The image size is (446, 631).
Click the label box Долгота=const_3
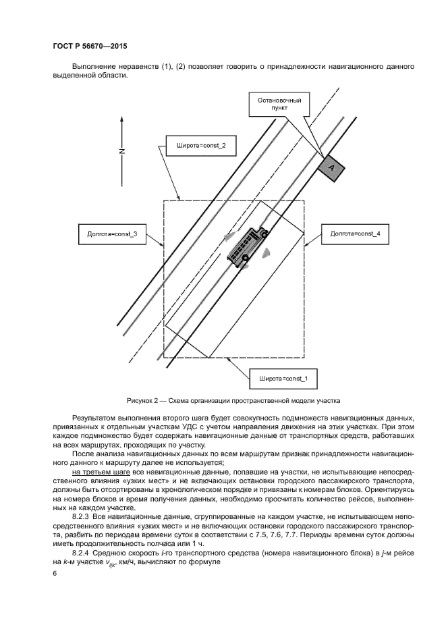[109, 234]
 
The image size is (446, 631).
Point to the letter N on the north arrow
[121, 151]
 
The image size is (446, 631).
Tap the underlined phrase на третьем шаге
[102, 472]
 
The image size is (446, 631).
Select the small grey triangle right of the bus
[268, 254]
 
